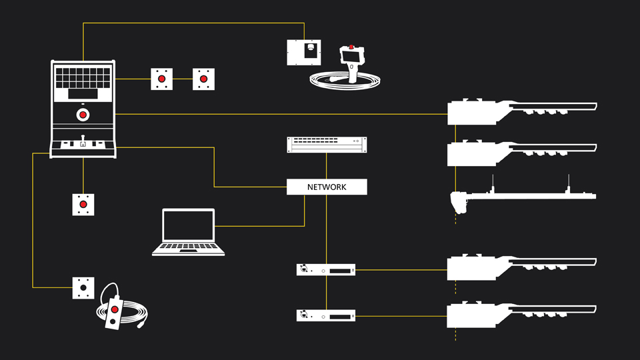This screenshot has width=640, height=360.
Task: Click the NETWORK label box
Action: pos(327,187)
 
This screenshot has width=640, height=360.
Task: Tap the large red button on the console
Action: pos(83,115)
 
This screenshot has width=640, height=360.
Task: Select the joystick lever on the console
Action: pos(83,141)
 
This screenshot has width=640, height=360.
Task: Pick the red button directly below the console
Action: pos(83,205)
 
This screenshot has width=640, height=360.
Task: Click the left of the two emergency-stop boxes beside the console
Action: pos(162,79)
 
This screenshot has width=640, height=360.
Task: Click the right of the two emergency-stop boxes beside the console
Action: pos(205,79)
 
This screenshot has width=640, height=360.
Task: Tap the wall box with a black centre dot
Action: pos(83,288)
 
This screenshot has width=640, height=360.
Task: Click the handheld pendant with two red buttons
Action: pos(115,312)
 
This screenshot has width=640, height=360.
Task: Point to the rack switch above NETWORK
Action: pos(327,144)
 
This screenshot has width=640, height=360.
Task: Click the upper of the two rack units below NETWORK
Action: pos(325,270)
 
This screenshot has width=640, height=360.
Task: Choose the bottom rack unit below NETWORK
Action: pos(325,315)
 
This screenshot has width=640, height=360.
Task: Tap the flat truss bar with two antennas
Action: pos(527,195)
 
